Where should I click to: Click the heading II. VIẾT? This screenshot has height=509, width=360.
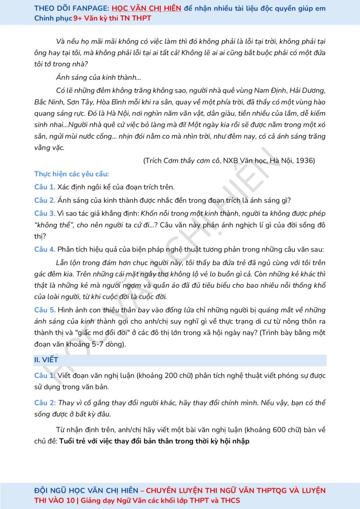pos(46,360)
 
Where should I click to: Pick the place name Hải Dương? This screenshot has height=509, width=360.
pos(309,90)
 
